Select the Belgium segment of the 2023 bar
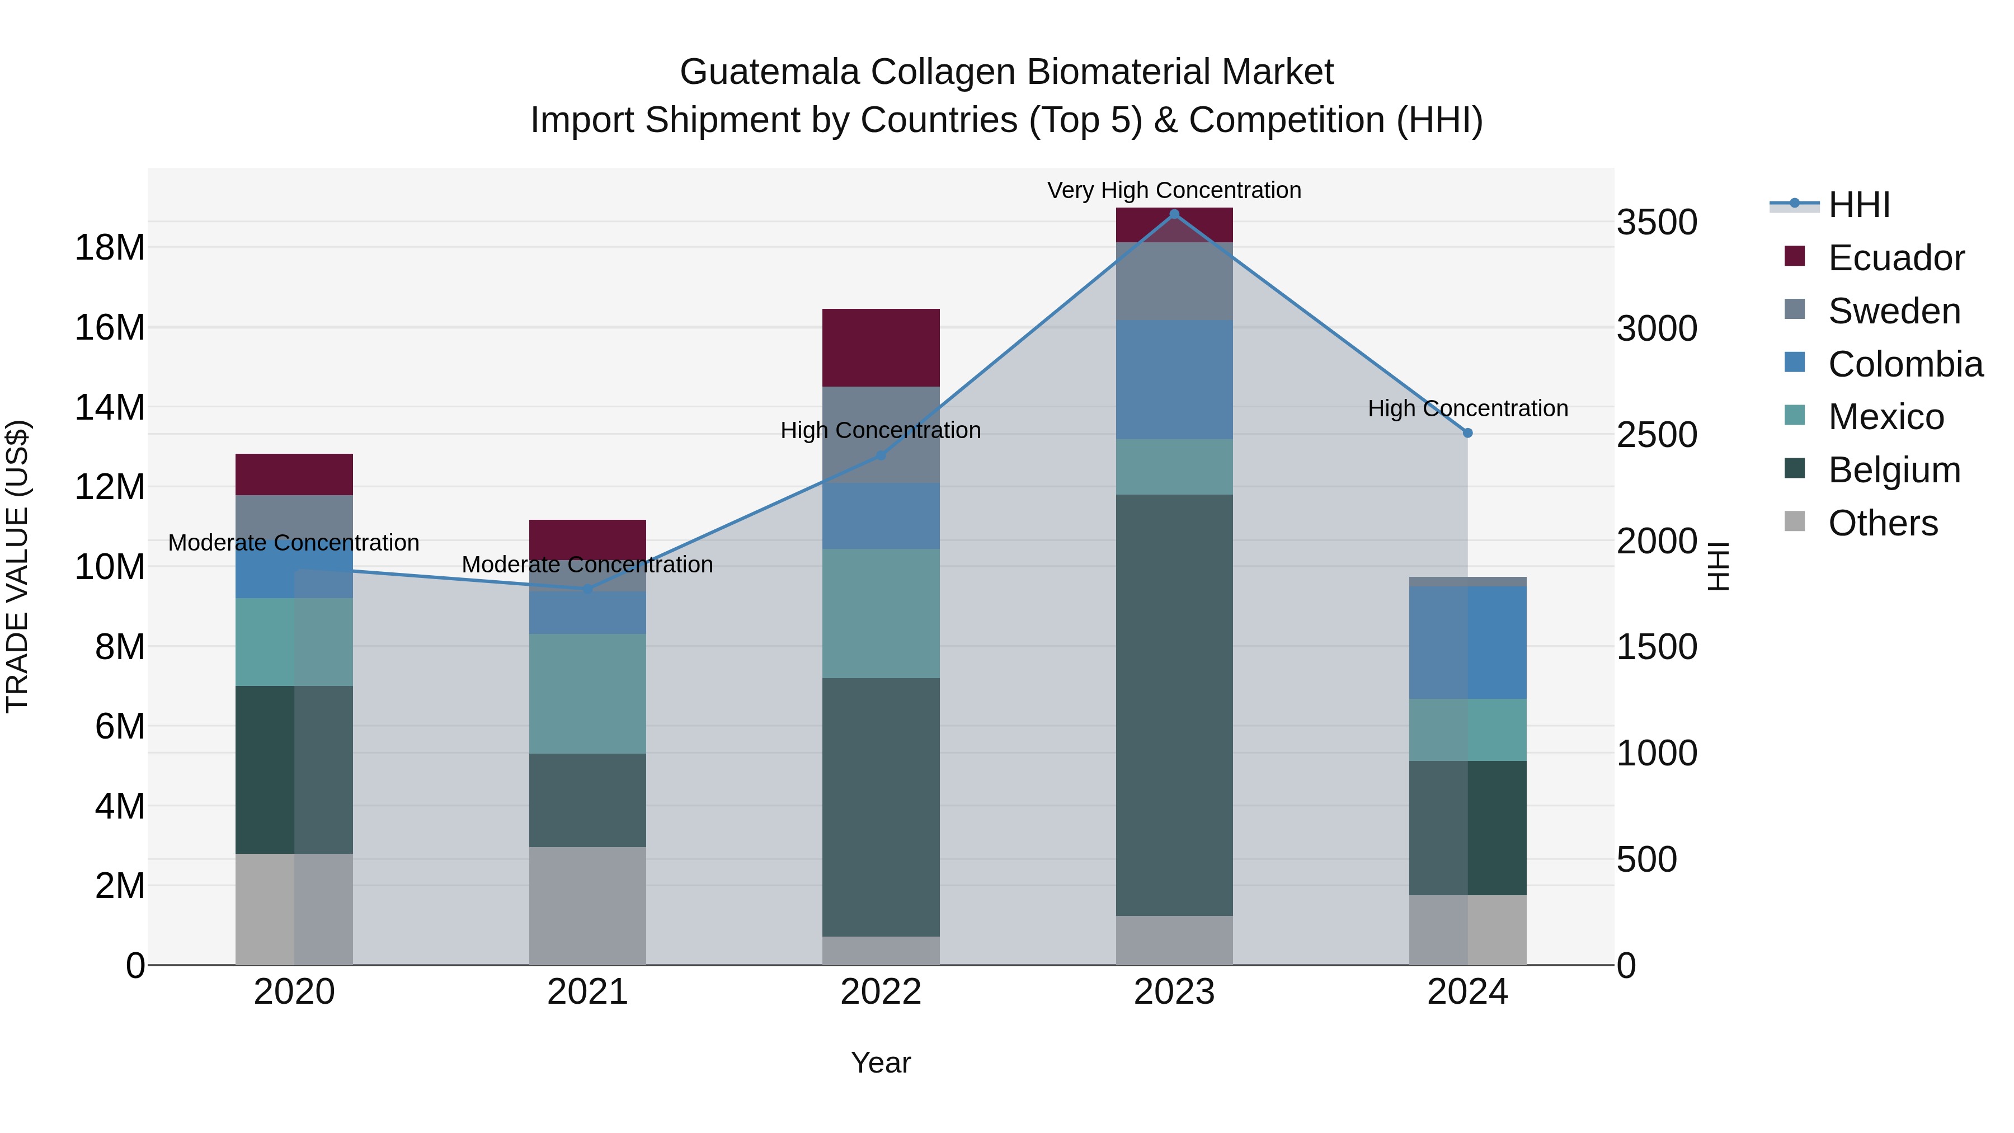[x=1174, y=704]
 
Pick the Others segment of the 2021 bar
[x=587, y=905]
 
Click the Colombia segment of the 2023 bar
[x=1174, y=379]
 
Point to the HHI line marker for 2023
[x=1174, y=214]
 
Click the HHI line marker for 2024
[x=1467, y=432]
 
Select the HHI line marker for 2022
[x=881, y=455]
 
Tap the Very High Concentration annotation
[x=1174, y=190]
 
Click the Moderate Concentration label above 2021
[x=587, y=564]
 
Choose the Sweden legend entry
[x=1894, y=311]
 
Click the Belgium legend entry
[x=1894, y=469]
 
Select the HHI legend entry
[x=1858, y=205]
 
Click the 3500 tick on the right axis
[x=1656, y=222]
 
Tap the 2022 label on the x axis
[x=881, y=991]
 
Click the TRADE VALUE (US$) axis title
[x=17, y=566]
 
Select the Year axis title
[x=881, y=1063]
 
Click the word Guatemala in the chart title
[x=770, y=72]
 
